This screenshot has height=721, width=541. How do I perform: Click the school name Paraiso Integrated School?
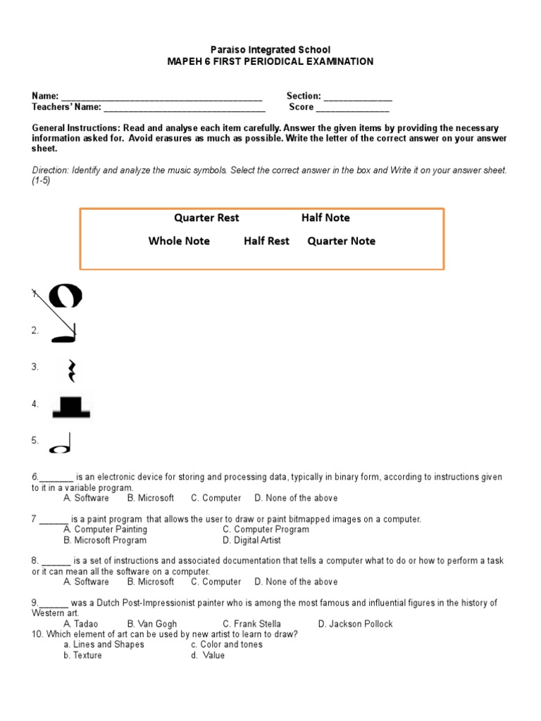270,50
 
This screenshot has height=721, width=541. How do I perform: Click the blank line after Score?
352,108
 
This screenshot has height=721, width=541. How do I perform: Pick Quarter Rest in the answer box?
206,218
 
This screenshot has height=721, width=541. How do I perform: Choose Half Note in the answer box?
325,218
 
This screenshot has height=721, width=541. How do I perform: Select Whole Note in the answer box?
179,241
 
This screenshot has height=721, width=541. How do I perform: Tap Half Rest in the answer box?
266,241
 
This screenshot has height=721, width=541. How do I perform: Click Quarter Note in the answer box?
342,241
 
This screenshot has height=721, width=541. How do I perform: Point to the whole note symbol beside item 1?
66,296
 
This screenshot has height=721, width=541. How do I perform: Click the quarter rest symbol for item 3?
71,370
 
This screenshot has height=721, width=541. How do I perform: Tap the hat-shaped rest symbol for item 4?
70,408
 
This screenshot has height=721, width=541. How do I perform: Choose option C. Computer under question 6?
216,498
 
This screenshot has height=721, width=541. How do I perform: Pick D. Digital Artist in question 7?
251,540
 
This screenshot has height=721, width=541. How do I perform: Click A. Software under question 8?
86,582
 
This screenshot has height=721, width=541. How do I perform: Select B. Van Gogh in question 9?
152,624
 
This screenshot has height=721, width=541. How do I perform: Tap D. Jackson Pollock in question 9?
355,624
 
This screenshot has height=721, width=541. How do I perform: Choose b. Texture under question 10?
82,656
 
